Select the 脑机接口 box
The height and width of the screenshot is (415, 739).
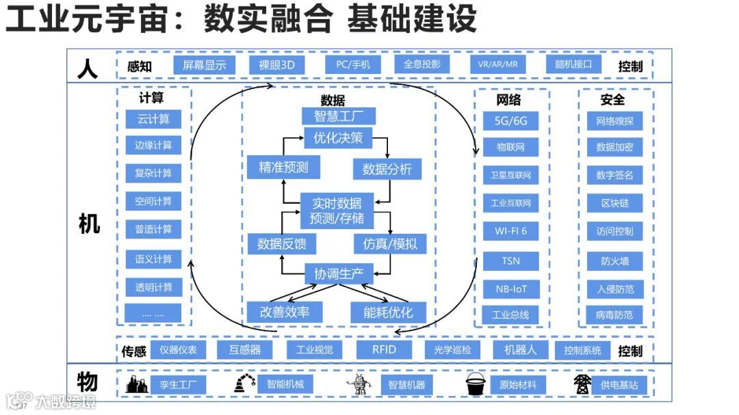(574, 65)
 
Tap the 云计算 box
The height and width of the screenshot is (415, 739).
(153, 119)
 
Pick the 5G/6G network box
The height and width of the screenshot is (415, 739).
(510, 122)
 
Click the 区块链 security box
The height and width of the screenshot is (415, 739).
(614, 203)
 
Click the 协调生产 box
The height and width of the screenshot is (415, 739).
(339, 273)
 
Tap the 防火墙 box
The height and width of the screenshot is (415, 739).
(614, 260)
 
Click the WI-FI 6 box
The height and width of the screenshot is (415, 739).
(510, 231)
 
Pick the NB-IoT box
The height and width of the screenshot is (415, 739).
(510, 289)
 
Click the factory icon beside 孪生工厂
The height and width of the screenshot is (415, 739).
(137, 385)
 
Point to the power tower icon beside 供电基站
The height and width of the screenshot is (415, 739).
(582, 384)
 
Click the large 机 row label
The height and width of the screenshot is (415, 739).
(89, 223)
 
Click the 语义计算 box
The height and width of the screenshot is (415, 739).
(153, 259)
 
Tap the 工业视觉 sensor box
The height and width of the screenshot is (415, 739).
(314, 350)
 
